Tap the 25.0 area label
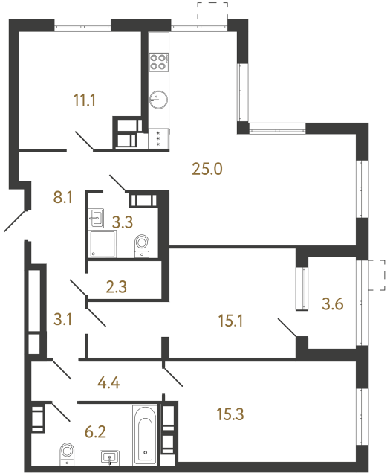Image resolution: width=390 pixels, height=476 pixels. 207,169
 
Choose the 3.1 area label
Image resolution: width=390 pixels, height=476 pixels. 65,321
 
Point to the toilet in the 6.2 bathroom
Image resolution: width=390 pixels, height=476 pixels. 68,451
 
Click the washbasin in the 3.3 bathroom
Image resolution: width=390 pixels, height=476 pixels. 97,219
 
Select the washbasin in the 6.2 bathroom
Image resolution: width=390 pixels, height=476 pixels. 111,456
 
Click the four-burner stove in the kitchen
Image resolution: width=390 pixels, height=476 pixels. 158,61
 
